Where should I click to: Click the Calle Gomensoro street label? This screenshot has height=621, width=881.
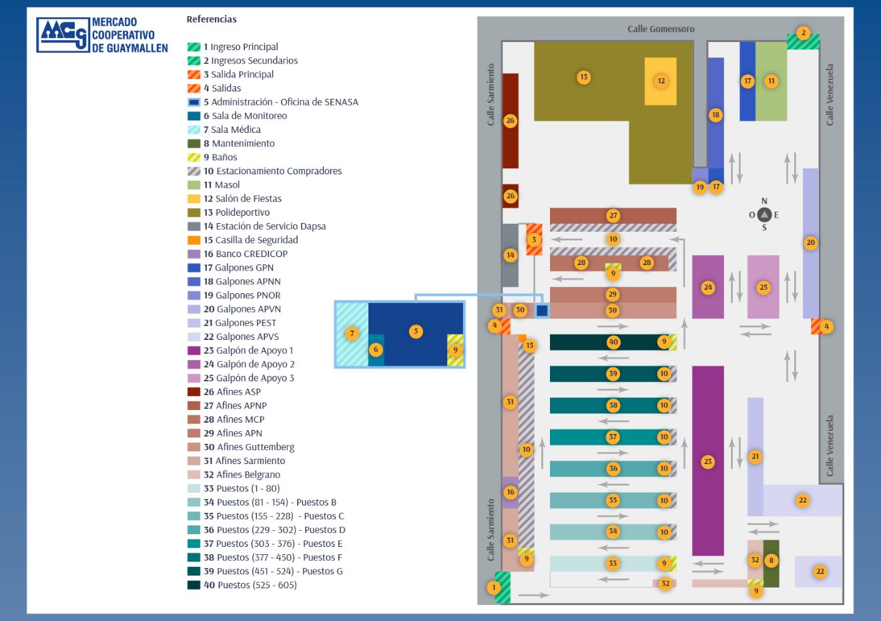click(x=661, y=29)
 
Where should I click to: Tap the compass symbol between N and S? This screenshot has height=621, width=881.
click(x=764, y=214)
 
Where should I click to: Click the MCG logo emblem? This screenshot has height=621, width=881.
click(x=63, y=35)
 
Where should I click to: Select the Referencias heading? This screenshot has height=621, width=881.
click(x=211, y=19)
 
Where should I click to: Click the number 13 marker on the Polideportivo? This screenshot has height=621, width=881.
click(x=583, y=77)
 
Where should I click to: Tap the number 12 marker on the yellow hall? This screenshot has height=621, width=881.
click(x=661, y=81)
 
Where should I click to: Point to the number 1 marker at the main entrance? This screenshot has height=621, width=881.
click(x=494, y=588)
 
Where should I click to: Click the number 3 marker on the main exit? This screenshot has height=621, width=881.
click(x=534, y=239)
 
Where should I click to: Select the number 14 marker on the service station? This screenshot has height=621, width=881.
click(x=510, y=255)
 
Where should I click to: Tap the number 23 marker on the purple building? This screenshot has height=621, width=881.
click(x=707, y=461)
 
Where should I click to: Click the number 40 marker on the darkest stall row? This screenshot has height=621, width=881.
click(x=613, y=342)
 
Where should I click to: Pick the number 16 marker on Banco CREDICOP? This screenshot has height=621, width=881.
click(x=510, y=492)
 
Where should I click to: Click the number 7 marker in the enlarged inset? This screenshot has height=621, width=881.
click(x=352, y=334)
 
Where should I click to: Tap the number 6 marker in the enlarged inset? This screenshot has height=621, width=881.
click(x=376, y=349)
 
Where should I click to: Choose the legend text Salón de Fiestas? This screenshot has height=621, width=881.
click(x=248, y=198)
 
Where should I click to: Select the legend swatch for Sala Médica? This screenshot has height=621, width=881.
click(x=194, y=130)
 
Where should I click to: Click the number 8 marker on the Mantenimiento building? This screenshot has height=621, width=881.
click(x=771, y=560)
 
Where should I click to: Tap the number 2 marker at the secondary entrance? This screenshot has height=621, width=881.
click(x=803, y=33)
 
